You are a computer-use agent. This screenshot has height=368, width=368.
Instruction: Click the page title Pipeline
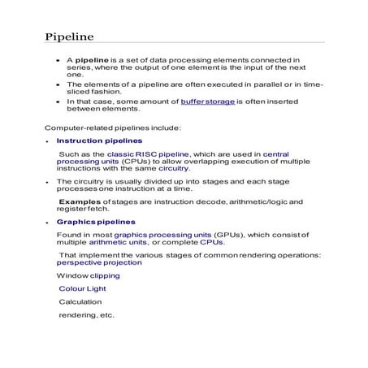pos(69,37)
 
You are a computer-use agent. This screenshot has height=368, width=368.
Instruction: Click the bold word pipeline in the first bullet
pos(93,60)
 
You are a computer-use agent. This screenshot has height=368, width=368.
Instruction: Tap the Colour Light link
pos(82,288)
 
